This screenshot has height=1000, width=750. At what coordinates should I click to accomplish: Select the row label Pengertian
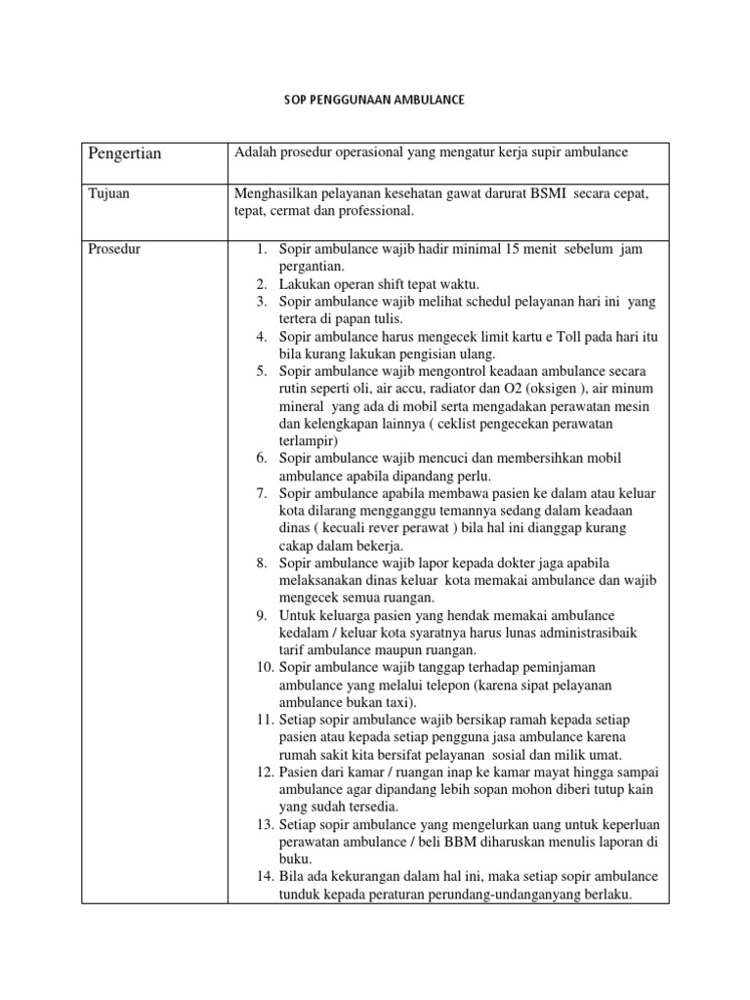coord(125,153)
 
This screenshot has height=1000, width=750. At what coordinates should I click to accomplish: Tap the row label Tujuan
coord(108,193)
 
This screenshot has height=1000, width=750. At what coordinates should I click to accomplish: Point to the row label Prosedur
coord(114,249)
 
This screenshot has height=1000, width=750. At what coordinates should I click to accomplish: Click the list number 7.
coord(262,493)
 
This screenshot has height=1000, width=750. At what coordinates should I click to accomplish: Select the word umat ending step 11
coord(603,755)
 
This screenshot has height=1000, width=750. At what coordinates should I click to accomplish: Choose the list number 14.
coord(265,877)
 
